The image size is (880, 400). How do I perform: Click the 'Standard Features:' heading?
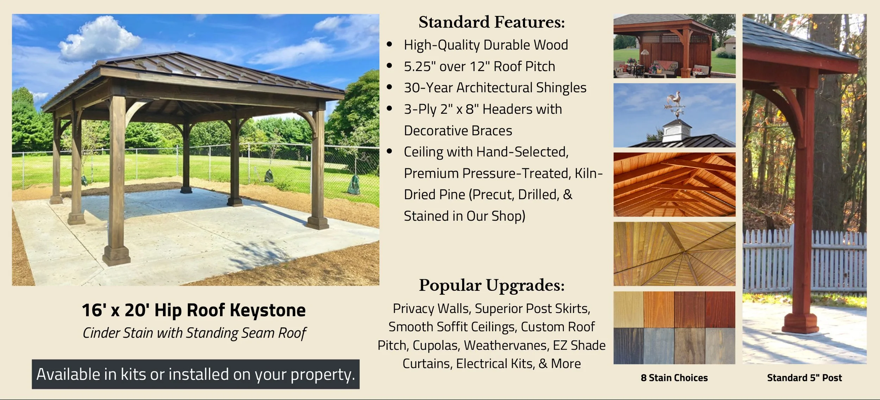(491, 22)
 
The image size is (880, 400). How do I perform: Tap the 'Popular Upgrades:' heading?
(491, 285)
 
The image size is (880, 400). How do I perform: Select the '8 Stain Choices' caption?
(674, 378)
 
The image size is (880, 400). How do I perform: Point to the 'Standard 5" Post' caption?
(804, 378)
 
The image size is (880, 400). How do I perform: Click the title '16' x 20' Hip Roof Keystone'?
(194, 310)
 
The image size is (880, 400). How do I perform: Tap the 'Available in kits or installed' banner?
(196, 374)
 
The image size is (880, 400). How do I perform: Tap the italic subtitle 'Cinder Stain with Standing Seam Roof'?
(194, 333)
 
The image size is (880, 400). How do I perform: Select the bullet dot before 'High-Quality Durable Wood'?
(389, 45)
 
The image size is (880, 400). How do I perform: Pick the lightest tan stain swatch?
(628, 310)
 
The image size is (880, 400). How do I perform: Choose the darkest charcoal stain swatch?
(628, 346)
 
